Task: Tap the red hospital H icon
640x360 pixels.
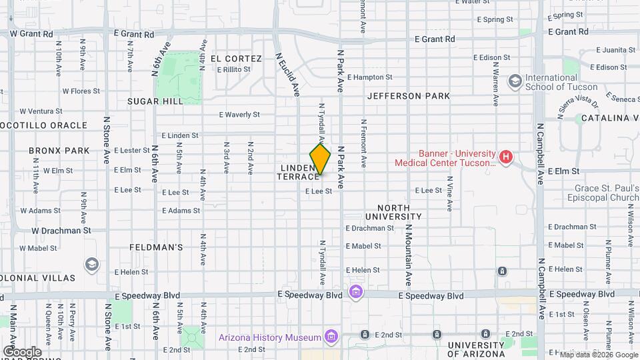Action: (506, 158)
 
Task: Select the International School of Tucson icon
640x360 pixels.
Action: (515, 81)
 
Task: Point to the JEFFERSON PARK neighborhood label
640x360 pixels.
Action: (408, 96)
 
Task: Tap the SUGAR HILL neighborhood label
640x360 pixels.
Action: (155, 101)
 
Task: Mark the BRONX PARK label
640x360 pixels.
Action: (59, 151)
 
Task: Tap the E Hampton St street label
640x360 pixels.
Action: (369, 77)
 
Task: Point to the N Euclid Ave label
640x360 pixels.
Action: (288, 75)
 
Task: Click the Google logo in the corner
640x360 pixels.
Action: (22, 351)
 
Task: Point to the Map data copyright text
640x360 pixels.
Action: (598, 355)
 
